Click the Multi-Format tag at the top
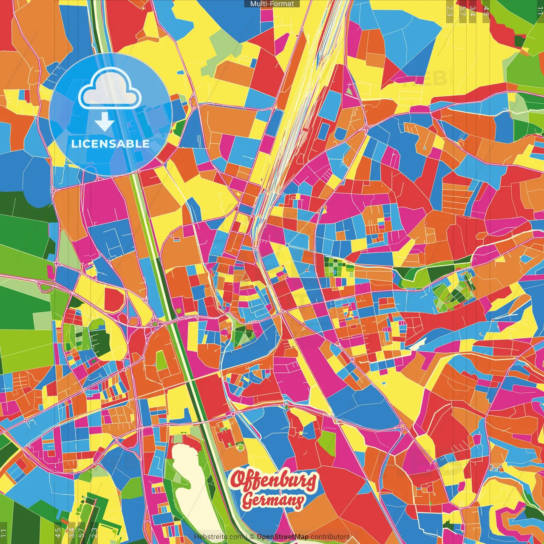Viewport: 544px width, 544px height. coord(272,4)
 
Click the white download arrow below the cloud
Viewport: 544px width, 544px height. coord(104,122)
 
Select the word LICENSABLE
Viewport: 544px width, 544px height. coord(110,144)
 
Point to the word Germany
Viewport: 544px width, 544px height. coord(273,501)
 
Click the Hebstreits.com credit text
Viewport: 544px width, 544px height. coord(218,537)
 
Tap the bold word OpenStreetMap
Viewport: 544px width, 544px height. coord(283,537)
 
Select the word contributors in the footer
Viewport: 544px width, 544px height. coord(330,537)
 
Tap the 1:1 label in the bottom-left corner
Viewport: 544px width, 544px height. coord(4,533)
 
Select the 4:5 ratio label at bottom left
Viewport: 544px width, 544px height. coord(58,533)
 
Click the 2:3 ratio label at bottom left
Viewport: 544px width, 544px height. coord(94,533)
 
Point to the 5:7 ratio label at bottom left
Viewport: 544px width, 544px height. coord(82,533)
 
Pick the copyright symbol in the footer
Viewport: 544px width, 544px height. coord(252,537)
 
